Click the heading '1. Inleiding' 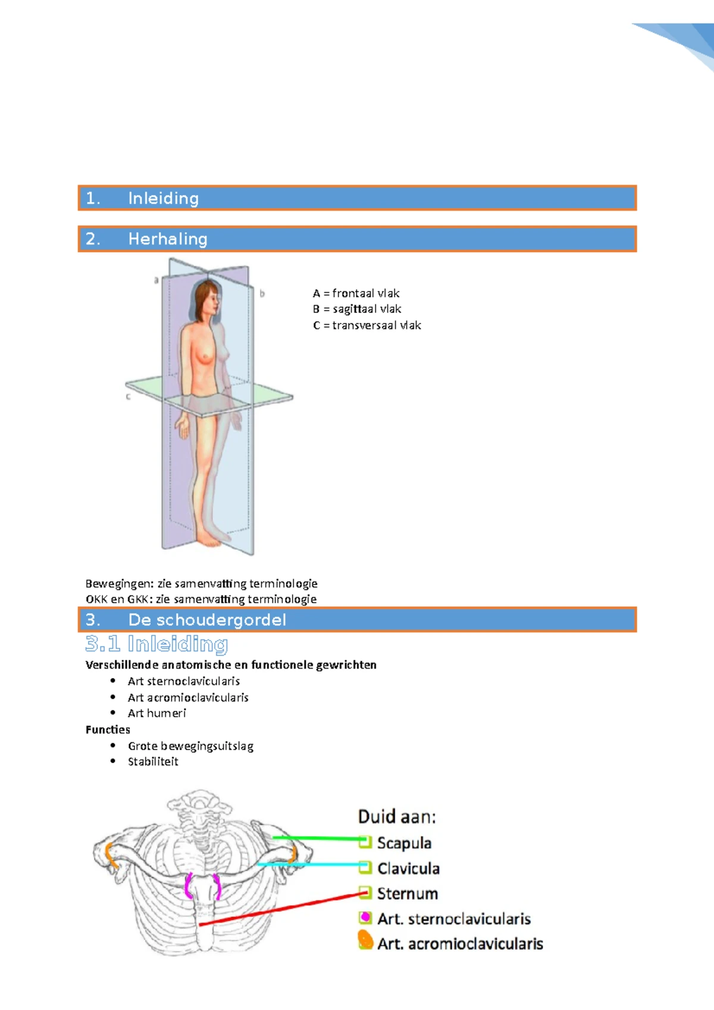coord(143,198)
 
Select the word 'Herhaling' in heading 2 coord(168,239)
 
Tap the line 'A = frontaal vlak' coord(356,293)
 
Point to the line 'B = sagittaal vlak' coord(357,309)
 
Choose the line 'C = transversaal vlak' coord(367,325)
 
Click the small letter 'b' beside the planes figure coord(262,293)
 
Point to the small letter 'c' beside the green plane coord(128,396)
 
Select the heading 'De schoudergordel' coord(207,620)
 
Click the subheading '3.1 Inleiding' coord(156,644)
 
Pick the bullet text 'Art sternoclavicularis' coord(184,681)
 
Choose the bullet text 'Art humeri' coord(156,713)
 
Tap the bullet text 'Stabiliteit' coord(153,762)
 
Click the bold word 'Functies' coord(108,730)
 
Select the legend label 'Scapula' coord(404,843)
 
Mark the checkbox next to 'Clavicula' coord(365,868)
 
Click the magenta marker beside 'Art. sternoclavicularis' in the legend coord(365,918)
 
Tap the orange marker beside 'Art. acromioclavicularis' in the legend coord(365,940)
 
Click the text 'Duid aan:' coord(397,817)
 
